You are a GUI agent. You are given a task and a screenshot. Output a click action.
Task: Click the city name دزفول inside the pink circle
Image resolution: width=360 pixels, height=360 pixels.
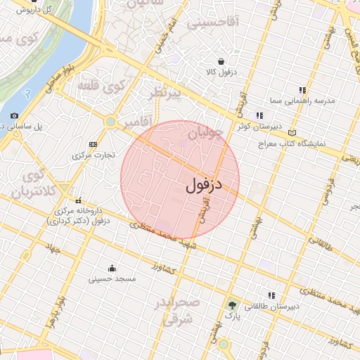(x=204, y=186)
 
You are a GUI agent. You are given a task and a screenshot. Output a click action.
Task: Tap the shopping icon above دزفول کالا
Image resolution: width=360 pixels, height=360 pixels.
(x=221, y=61)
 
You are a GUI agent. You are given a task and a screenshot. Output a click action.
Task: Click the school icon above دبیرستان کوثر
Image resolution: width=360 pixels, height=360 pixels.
(x=260, y=115)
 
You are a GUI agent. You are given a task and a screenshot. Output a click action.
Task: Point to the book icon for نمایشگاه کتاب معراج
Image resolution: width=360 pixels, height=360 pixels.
(x=292, y=132)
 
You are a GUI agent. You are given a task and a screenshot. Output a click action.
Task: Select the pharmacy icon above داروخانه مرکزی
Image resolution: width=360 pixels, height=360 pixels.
(x=78, y=200)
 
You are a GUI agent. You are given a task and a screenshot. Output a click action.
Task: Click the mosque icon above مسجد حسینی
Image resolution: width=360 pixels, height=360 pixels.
(x=112, y=268)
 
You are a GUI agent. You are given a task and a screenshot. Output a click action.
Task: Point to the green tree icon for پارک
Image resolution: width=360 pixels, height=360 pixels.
(x=232, y=305)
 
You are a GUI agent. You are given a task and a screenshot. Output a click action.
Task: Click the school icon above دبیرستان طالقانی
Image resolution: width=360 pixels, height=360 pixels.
(x=271, y=295)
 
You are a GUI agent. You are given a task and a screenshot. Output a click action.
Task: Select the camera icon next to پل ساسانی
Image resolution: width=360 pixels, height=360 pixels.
(x=14, y=116)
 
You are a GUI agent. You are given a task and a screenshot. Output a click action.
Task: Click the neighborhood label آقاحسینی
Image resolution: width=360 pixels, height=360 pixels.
(x=212, y=23)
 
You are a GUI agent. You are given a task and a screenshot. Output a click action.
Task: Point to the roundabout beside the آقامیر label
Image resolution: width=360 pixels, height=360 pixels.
(x=110, y=122)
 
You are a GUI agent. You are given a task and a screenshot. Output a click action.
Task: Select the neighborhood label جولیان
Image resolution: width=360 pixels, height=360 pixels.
(x=206, y=131)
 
